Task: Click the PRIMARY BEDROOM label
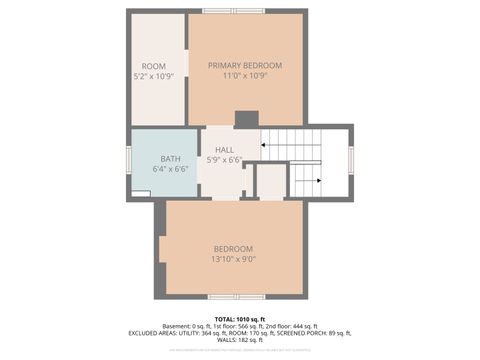tap(245, 65)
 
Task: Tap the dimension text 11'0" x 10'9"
tap(245, 76)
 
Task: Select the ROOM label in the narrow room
tap(153, 66)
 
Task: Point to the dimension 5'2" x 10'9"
tap(153, 76)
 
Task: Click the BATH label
tap(171, 158)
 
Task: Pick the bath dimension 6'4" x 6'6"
tap(171, 169)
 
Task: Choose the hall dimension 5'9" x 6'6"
tap(224, 159)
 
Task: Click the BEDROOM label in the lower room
tap(233, 248)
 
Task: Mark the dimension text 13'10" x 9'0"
tap(233, 259)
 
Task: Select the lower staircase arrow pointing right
tap(305, 181)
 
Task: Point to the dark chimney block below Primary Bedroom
tap(246, 119)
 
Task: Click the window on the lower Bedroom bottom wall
tap(236, 297)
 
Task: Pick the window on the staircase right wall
tap(351, 159)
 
